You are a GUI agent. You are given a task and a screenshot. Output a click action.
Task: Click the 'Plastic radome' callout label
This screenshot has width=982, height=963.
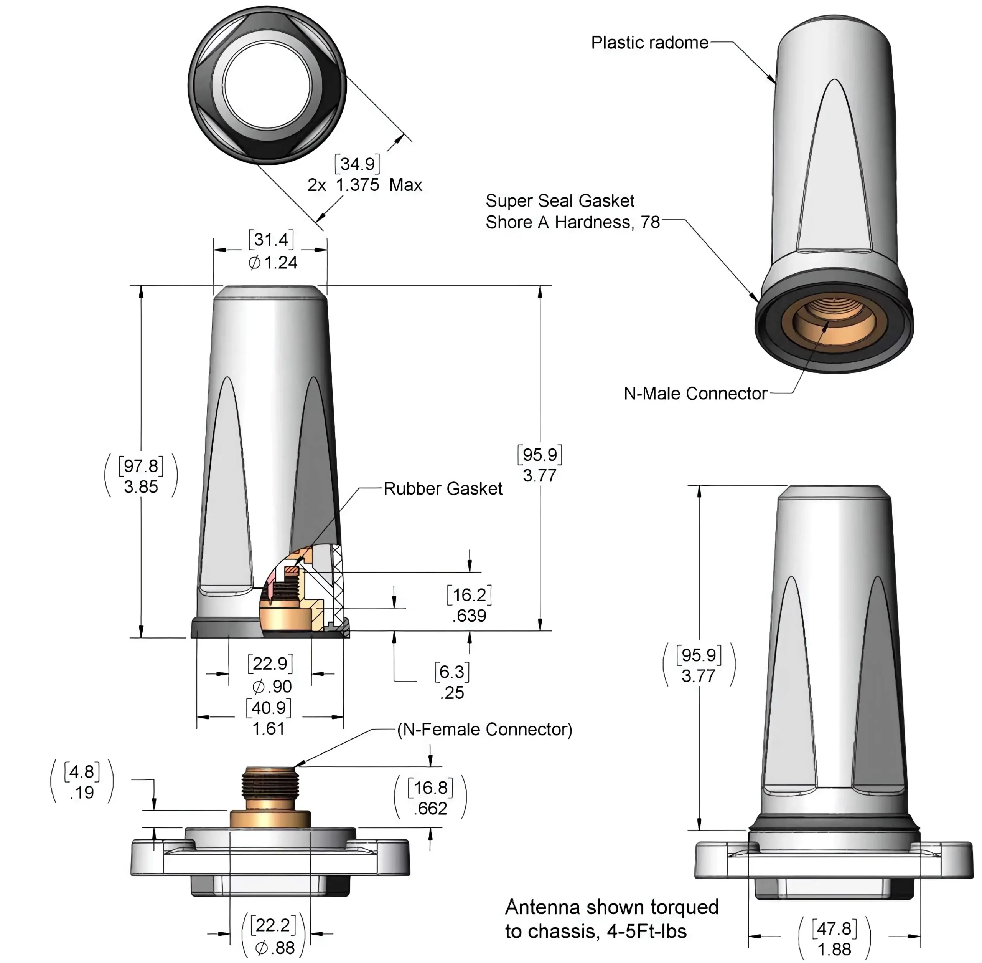pos(649,43)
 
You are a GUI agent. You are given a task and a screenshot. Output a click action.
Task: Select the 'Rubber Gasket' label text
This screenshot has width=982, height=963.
pos(443,488)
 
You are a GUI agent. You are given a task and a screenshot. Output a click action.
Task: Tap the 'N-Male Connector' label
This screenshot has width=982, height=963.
pos(695,394)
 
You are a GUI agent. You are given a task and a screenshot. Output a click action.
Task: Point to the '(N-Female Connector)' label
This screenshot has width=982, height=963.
pos(485,729)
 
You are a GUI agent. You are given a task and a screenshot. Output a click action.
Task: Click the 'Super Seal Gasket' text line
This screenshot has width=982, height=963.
pos(560,201)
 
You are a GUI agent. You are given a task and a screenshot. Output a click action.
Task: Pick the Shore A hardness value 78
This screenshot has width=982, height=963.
pos(651,222)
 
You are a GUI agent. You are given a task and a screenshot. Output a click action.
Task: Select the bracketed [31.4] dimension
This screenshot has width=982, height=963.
pos(271,239)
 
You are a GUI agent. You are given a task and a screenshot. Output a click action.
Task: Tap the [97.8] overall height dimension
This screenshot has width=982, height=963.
pos(141,465)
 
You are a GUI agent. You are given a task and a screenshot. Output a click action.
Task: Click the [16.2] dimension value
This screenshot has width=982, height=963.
pos(469,594)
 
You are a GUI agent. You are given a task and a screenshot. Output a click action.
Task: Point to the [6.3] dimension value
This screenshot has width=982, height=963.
pos(452,672)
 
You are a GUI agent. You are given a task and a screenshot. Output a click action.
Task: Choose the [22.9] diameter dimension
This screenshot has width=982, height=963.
pos(270,663)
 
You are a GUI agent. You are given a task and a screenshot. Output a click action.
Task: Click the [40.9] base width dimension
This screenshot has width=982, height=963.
pos(269,708)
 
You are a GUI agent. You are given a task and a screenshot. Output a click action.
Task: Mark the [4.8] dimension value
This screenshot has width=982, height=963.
pos(82,772)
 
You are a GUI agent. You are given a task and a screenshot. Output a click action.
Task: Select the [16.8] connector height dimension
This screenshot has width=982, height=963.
pos(430,788)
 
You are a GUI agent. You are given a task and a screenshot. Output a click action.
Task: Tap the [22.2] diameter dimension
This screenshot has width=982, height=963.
pos(273,925)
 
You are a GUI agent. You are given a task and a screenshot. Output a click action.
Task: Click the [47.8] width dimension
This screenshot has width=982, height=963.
pos(834,928)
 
